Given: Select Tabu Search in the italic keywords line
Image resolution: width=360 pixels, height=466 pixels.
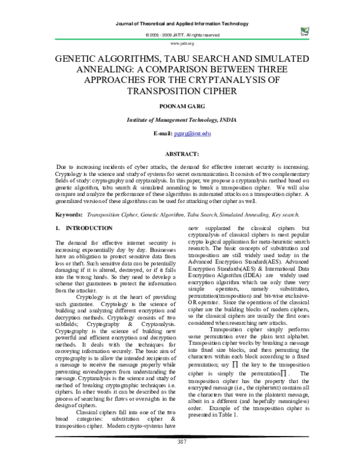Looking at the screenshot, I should click(x=181, y=214).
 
